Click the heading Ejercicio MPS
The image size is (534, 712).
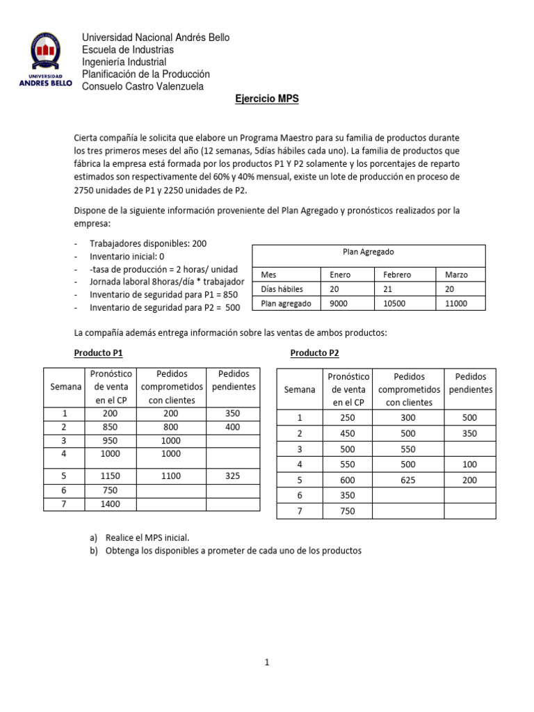point(266,99)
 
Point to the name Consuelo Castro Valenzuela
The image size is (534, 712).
point(143,86)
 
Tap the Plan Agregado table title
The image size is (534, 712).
point(368,252)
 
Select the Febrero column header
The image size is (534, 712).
point(397,275)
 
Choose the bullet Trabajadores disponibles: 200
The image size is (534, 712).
point(148,243)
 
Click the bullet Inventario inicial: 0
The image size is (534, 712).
point(128,256)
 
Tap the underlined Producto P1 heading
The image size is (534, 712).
point(99,353)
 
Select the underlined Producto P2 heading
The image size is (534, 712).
point(314,353)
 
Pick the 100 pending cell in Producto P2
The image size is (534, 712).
point(470,464)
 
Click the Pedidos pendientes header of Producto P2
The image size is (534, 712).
point(470,383)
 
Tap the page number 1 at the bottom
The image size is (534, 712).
point(266,663)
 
